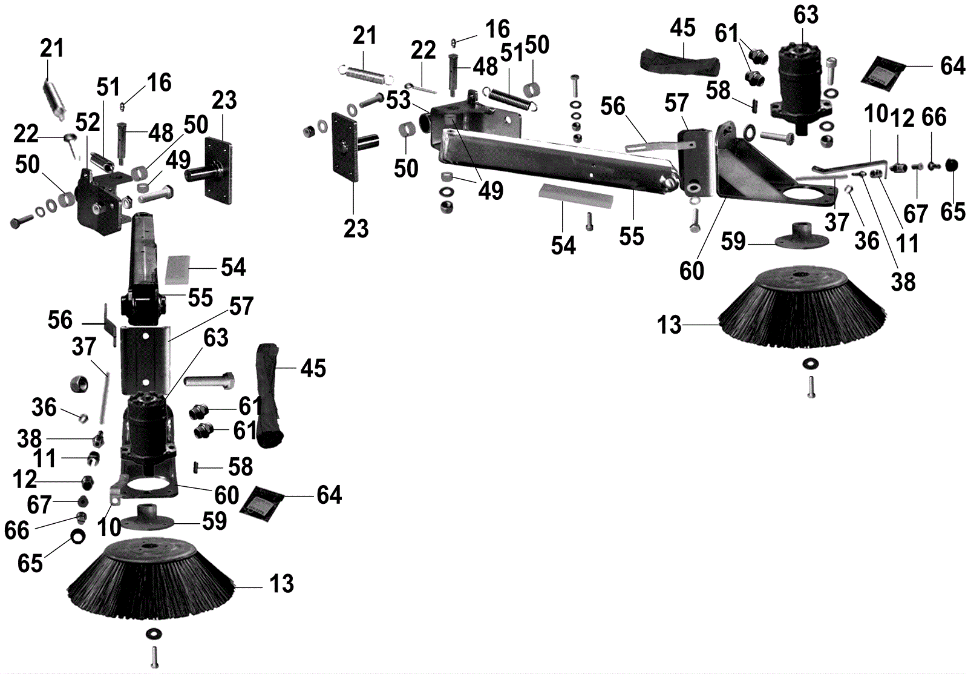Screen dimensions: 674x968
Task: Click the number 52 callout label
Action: tap(88, 122)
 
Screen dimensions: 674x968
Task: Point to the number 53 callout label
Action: tap(398, 101)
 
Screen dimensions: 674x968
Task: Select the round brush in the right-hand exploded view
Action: tap(803, 312)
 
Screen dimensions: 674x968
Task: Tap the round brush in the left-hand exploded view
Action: tap(150, 581)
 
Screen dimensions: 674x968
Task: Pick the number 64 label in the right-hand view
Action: tap(952, 66)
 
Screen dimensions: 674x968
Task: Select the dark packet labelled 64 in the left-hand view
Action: tap(261, 500)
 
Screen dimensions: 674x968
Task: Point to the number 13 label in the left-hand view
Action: tap(281, 584)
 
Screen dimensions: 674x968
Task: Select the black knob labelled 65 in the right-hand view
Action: tap(952, 165)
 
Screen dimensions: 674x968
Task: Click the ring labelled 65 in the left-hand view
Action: tap(78, 535)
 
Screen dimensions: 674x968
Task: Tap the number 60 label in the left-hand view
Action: tap(227, 495)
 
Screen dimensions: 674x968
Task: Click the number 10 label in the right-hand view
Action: tap(875, 113)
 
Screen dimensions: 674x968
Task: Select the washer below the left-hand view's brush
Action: tap(154, 633)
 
